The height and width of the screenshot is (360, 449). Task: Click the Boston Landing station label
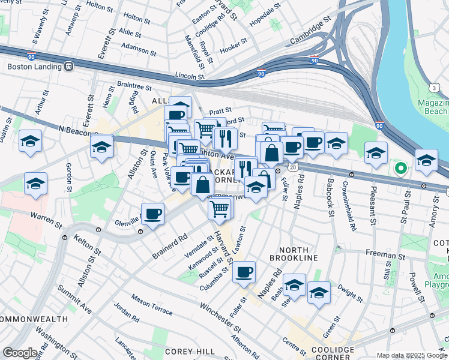(35, 67)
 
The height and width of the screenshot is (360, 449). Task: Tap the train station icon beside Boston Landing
(69, 67)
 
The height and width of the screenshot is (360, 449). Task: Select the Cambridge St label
(310, 37)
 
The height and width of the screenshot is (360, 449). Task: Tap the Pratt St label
(220, 111)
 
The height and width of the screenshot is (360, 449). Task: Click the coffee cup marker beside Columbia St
(244, 272)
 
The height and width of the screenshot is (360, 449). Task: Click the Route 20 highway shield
(292, 165)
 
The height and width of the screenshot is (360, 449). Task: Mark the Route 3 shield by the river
(441, 88)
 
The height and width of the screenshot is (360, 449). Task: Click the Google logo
(20, 353)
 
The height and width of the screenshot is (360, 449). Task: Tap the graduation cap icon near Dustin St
(30, 141)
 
